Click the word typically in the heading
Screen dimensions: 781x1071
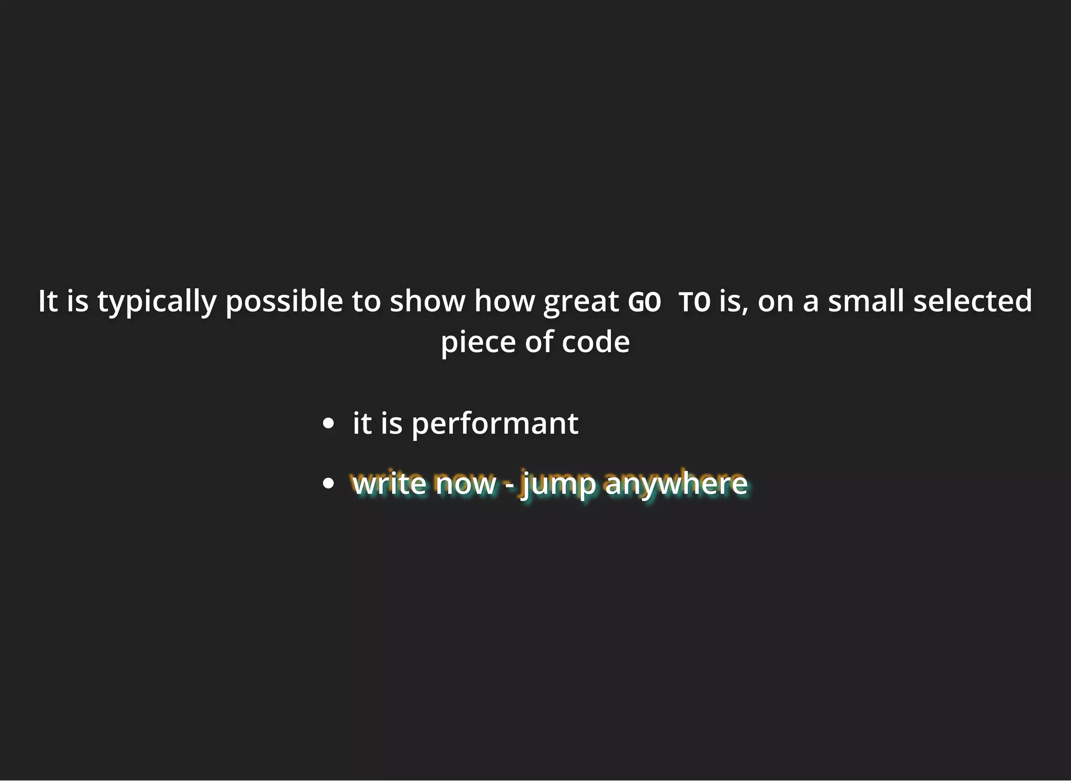pos(156,302)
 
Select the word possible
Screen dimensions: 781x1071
pos(284,302)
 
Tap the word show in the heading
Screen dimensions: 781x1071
pos(427,301)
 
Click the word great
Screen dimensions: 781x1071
pos(581,302)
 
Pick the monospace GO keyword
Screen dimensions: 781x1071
pos(644,302)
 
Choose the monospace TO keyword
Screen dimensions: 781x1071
pos(694,302)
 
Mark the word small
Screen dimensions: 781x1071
pos(866,301)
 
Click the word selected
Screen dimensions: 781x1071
pos(973,301)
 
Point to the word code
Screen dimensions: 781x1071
pos(596,342)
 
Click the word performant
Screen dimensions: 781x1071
pos(495,424)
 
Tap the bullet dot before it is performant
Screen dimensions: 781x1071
pos(328,424)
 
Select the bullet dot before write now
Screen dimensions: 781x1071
pos(328,483)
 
